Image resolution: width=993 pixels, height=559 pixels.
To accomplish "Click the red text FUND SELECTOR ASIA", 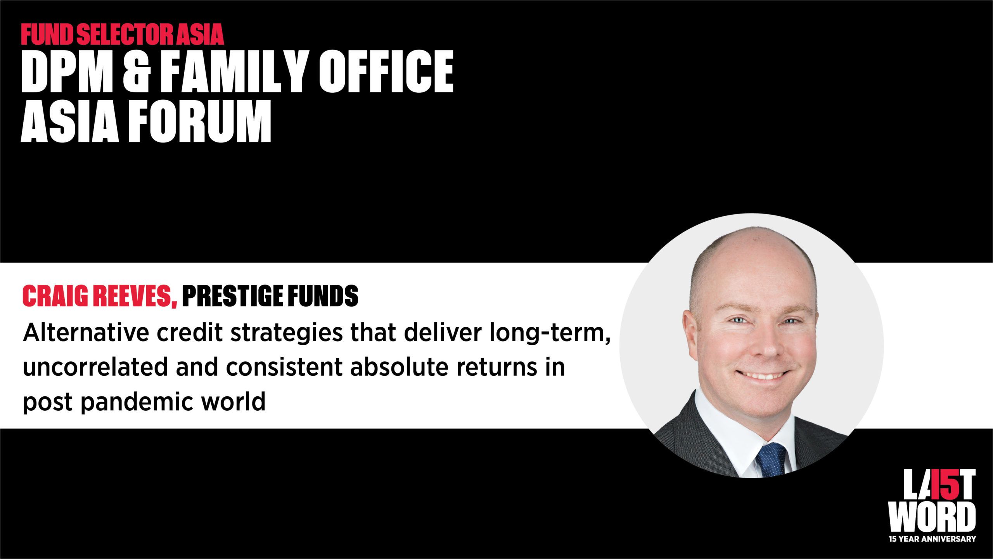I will click(123, 35).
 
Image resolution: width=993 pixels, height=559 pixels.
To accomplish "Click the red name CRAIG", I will click(56, 297).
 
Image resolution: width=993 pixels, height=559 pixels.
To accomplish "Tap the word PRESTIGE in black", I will click(229, 297).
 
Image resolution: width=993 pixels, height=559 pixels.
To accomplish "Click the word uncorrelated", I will click(95, 368).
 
